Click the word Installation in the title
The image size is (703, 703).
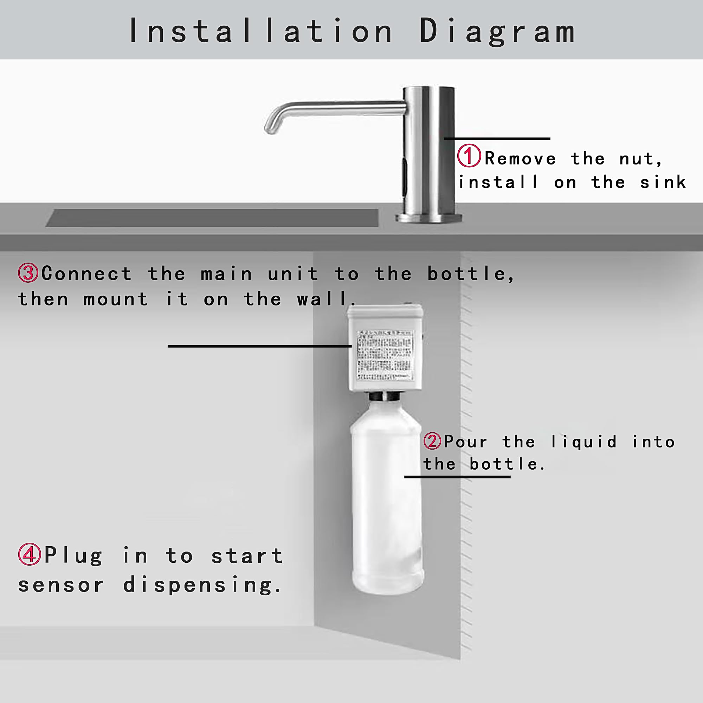(261, 31)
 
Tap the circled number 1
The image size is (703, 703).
(469, 156)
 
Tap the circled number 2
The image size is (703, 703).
(432, 441)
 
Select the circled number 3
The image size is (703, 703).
(28, 273)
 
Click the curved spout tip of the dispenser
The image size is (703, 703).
(271, 128)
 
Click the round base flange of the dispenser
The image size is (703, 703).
(428, 218)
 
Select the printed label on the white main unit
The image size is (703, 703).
(385, 355)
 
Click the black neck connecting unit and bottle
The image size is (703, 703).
(385, 396)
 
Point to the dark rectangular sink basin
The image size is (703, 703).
(212, 218)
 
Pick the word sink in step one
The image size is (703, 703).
(663, 182)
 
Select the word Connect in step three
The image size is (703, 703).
(86, 273)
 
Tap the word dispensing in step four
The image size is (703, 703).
(202, 585)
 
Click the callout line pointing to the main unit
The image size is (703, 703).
(259, 346)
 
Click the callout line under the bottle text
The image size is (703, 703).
(457, 477)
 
